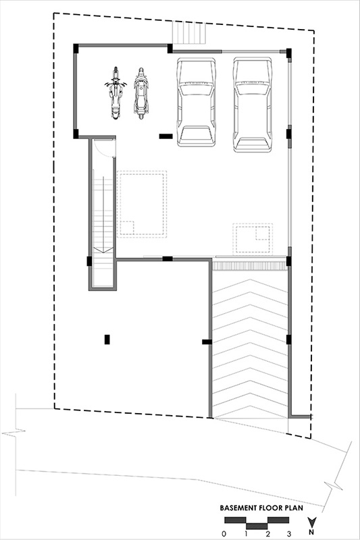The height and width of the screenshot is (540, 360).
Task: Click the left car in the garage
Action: click(x=197, y=103)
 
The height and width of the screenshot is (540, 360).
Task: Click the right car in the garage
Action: click(x=252, y=105)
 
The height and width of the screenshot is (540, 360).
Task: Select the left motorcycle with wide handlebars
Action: click(x=115, y=93)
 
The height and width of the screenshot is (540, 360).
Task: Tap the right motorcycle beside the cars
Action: click(x=141, y=93)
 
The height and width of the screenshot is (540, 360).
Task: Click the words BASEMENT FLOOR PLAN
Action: click(x=261, y=508)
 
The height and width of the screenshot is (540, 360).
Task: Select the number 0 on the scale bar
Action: click(x=224, y=534)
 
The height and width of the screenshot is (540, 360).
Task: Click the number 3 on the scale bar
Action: click(x=288, y=534)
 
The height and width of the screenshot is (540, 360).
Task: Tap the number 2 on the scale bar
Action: click(x=267, y=534)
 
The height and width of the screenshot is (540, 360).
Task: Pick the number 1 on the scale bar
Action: click(x=246, y=534)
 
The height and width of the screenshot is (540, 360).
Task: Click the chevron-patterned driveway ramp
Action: click(x=251, y=344)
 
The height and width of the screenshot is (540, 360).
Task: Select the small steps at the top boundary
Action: click(x=189, y=32)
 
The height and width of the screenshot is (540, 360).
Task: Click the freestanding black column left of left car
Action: click(x=165, y=136)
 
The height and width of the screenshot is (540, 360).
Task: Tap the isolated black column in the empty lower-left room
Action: click(x=107, y=340)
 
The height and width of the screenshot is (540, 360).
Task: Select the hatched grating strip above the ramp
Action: click(x=249, y=265)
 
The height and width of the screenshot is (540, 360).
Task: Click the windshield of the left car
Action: click(x=196, y=89)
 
